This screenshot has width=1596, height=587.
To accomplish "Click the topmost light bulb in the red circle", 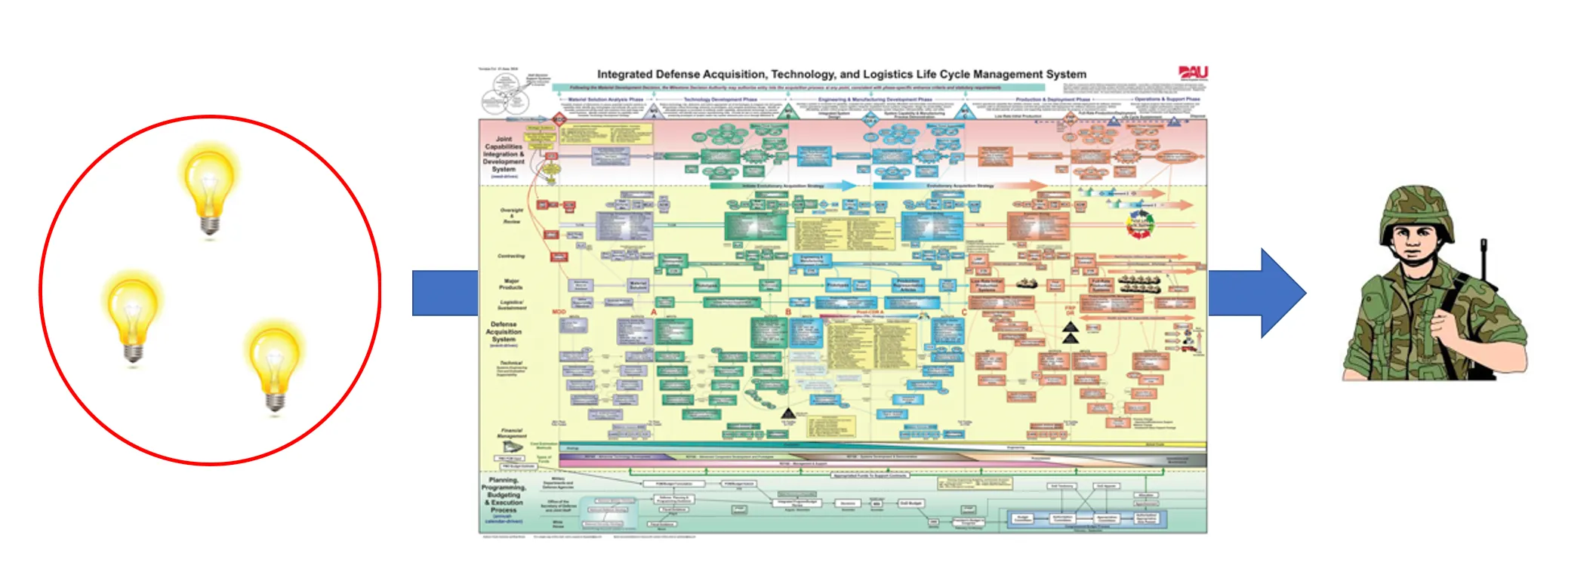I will pyautogui.click(x=209, y=189).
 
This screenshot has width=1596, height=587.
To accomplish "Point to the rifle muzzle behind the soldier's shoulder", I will pyautogui.click(x=1484, y=249).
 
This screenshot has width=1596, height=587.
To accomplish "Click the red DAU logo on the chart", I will pyautogui.click(x=1193, y=73).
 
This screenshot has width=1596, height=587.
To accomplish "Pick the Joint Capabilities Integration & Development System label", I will pyautogui.click(x=504, y=155).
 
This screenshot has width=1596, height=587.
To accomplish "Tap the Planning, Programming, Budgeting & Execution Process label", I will pyautogui.click(x=504, y=498).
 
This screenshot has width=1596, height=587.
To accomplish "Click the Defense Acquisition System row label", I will pyautogui.click(x=504, y=332).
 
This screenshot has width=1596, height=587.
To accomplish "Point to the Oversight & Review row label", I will pyautogui.click(x=511, y=216).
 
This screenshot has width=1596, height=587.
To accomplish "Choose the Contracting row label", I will pyautogui.click(x=511, y=256).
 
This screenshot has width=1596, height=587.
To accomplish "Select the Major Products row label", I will pyautogui.click(x=511, y=284).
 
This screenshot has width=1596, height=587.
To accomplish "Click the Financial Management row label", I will pyautogui.click(x=512, y=433).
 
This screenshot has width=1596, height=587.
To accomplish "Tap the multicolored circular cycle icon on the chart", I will pyautogui.click(x=1139, y=225).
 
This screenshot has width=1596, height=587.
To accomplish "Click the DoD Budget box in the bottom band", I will pyautogui.click(x=910, y=503).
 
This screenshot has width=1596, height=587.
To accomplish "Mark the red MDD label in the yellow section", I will pyautogui.click(x=559, y=312).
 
